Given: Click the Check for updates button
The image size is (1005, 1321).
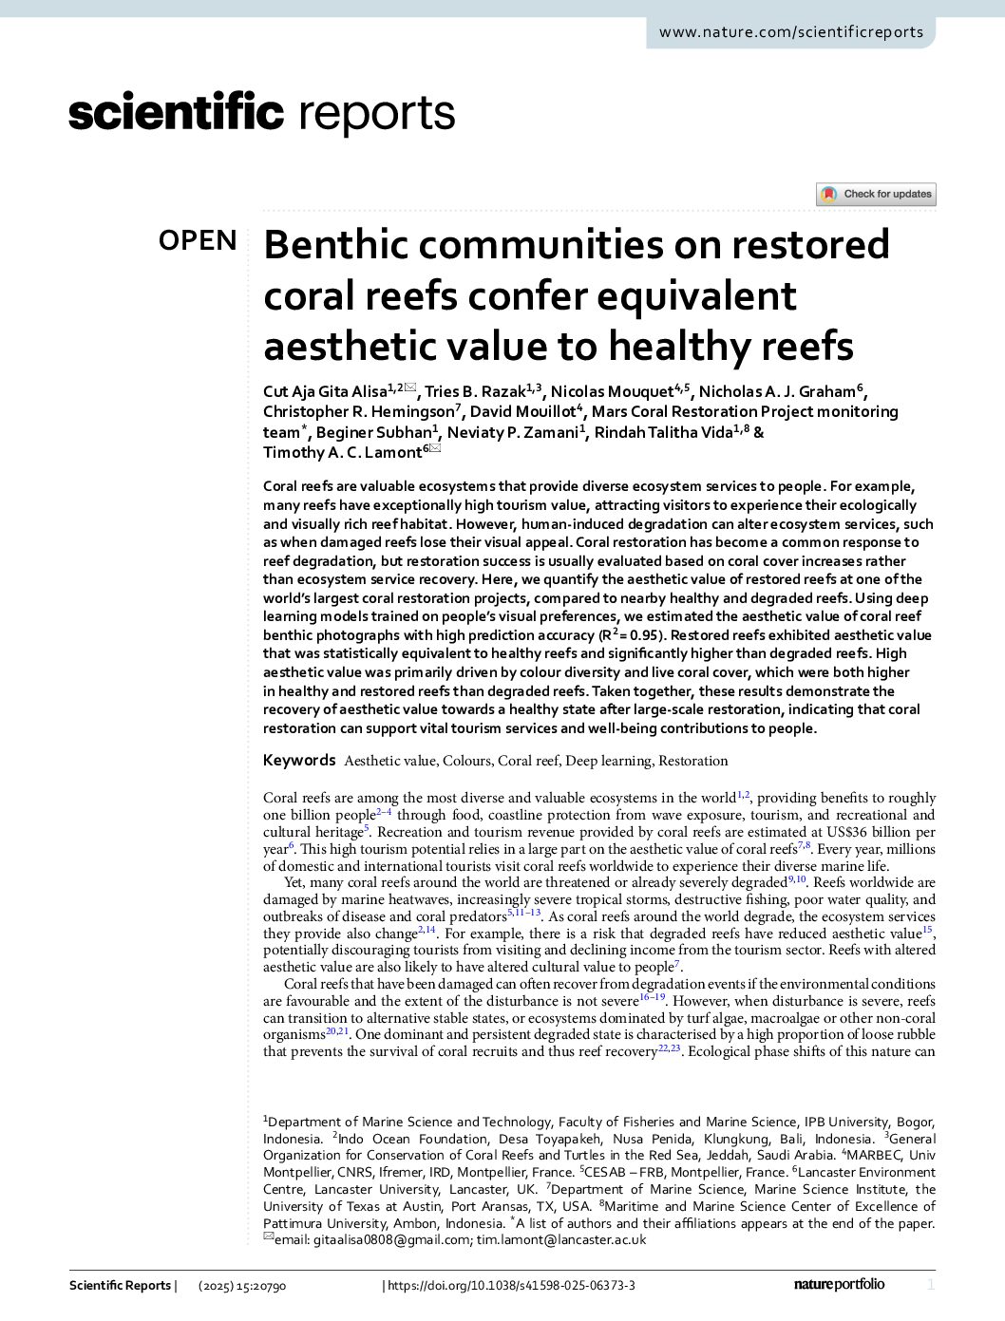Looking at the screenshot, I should [x=876, y=194].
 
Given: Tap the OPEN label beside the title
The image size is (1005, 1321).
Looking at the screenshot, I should [x=198, y=240].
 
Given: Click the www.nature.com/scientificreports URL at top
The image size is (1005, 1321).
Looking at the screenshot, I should [x=790, y=32].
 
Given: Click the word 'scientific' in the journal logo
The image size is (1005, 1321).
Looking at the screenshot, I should [x=176, y=113].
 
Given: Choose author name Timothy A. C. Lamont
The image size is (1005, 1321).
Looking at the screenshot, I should [x=342, y=453].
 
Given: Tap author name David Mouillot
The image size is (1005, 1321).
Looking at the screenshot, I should [x=522, y=412].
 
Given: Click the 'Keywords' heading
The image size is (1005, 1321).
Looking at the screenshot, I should [x=299, y=760].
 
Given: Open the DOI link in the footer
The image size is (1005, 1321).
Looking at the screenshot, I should [x=511, y=1286].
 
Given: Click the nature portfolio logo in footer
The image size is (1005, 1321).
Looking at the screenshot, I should [x=839, y=1284].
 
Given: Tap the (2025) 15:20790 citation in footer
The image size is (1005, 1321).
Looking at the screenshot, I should [x=242, y=1286].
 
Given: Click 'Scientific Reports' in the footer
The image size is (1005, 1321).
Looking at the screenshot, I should [x=120, y=1286].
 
